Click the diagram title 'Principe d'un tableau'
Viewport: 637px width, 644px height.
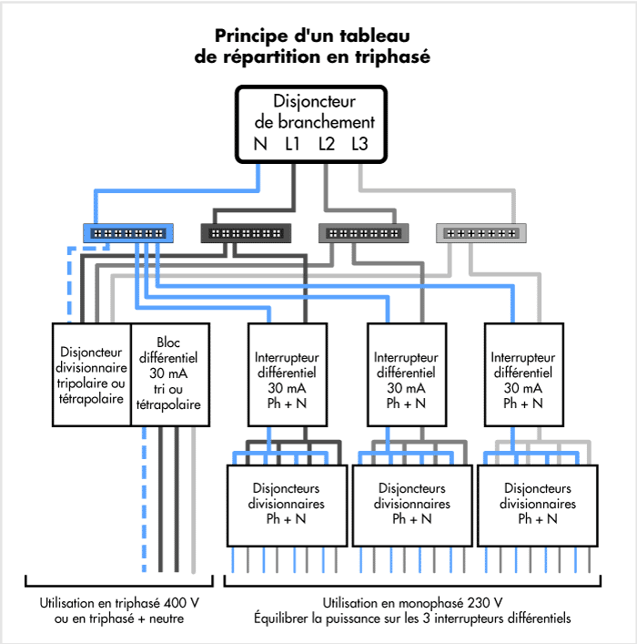[x=312, y=36]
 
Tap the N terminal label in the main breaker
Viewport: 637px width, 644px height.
[x=261, y=143]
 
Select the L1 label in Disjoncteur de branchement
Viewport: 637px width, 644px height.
[x=294, y=143]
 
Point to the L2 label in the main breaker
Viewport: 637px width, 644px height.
[x=327, y=143]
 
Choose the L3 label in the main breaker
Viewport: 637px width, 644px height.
[x=359, y=143]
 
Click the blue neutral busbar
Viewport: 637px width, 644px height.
[x=129, y=233]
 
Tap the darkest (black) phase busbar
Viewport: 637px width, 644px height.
[x=246, y=233]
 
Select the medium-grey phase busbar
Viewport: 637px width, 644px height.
[x=363, y=233]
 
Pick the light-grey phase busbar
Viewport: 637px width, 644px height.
[x=481, y=233]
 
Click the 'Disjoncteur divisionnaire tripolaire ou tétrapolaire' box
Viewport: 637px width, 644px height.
[x=92, y=374]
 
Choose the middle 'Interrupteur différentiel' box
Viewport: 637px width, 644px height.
[x=406, y=374]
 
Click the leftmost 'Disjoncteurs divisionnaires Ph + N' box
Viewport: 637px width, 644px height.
[x=287, y=504]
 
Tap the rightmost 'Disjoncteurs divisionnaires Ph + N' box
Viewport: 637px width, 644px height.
[x=536, y=504]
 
